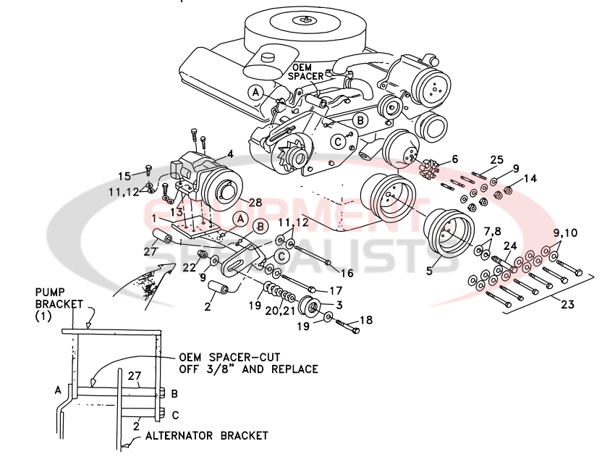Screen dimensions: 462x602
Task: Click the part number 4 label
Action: pos(229,154)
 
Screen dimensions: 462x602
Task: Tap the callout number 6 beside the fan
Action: pos(454,159)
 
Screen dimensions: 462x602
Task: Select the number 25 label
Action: pos(496,159)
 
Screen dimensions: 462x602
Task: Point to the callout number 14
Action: pos(530,177)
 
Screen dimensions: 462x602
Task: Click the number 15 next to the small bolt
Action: pos(124,175)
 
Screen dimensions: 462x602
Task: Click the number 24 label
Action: pos(510,245)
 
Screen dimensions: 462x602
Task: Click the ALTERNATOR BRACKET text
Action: pos(206,436)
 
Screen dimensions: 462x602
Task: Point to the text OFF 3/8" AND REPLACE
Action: pos(248,369)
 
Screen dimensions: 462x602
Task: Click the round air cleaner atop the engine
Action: pos(315,29)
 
